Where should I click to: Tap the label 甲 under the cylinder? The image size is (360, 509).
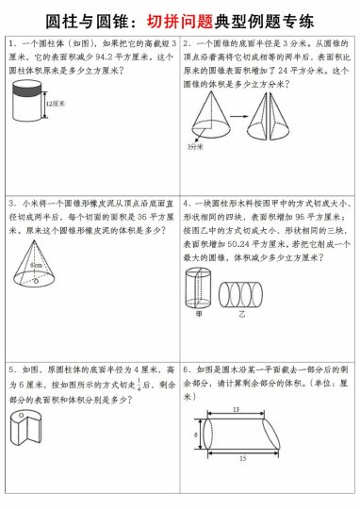[x=199, y=317]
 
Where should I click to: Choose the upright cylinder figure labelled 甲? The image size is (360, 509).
[x=198, y=289]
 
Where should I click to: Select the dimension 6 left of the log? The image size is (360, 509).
[x=196, y=435]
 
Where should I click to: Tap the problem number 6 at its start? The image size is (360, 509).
[x=188, y=370]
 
